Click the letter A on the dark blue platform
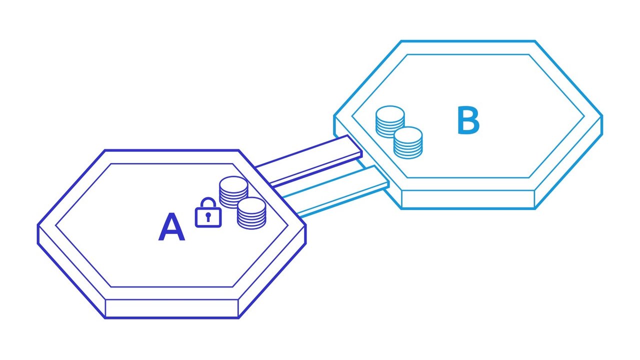click(171, 228)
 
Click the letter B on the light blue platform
click(468, 121)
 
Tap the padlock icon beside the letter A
click(208, 213)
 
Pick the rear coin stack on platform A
click(233, 192)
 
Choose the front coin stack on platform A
click(251, 213)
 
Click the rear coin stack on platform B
click(390, 121)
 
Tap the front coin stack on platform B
click(408, 143)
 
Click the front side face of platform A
click(171, 308)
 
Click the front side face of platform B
click(468, 199)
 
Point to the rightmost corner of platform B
click(601, 116)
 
